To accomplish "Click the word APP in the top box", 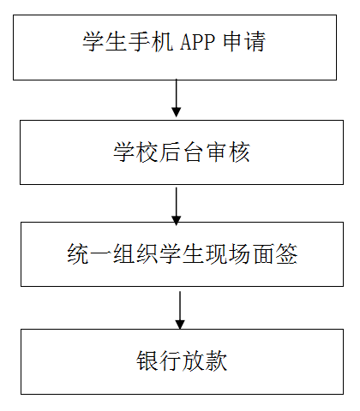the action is (x=198, y=42).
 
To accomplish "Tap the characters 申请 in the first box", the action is (x=244, y=42).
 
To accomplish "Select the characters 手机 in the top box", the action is (x=151, y=42).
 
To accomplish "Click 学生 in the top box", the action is (x=105, y=42).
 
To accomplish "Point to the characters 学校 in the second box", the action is (x=135, y=152).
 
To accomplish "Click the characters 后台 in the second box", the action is (x=182, y=152).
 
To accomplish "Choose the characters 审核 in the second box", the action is (x=228, y=152).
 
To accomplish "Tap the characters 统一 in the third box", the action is (x=89, y=254).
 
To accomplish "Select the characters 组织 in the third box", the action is (x=135, y=254).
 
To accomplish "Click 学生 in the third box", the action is (x=182, y=254).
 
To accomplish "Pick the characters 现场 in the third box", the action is (x=228, y=254).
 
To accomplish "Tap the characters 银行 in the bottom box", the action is (x=159, y=361).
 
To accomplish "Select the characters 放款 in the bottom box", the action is (x=205, y=361).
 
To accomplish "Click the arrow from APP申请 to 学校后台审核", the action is (x=177, y=98).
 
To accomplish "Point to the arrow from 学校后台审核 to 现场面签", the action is (x=177, y=206).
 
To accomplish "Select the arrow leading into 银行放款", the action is (x=180, y=310).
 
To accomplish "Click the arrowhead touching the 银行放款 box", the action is (x=180, y=325).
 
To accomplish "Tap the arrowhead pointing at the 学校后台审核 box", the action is (x=177, y=112).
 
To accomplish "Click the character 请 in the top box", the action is (x=255, y=42).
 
